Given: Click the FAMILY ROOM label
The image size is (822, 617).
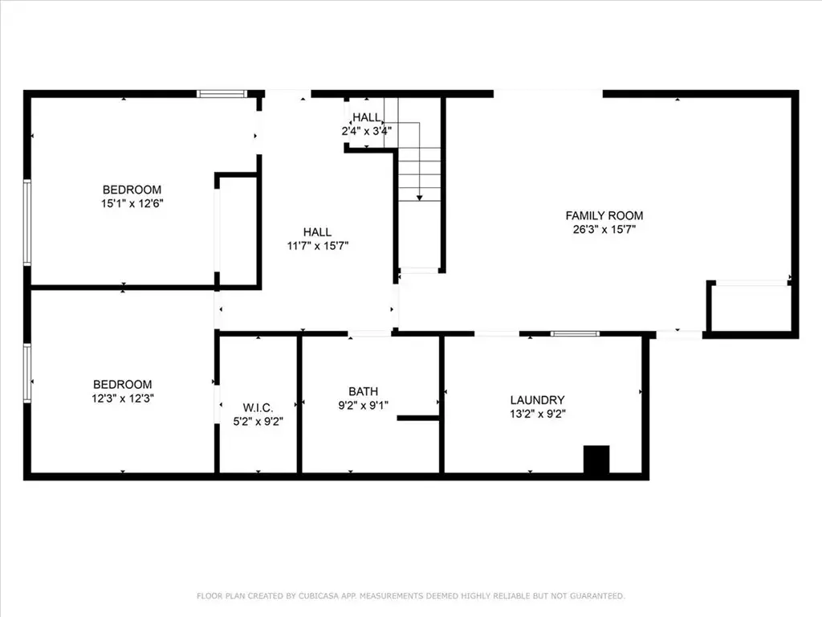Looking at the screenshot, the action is click(x=604, y=215).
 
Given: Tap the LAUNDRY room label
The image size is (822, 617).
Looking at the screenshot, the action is click(x=537, y=400).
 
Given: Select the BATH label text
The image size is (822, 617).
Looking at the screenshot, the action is click(x=364, y=391).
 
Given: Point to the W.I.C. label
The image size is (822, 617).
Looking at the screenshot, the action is click(x=258, y=407).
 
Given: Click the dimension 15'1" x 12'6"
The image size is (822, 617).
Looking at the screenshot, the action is click(x=132, y=203).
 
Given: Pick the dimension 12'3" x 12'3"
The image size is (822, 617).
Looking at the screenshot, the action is click(x=123, y=398).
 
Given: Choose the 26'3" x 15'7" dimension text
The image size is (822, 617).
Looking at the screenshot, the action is click(x=604, y=229).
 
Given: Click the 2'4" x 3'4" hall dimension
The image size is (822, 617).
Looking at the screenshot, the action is click(x=366, y=131).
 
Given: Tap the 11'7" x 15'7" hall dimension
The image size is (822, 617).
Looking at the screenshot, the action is click(x=318, y=246).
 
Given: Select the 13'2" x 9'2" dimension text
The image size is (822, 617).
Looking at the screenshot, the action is click(x=537, y=414).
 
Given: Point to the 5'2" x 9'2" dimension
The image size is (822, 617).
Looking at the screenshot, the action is click(x=258, y=421).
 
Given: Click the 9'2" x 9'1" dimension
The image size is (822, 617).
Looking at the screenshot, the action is click(x=364, y=405).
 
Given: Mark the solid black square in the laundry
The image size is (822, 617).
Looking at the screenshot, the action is click(x=596, y=460).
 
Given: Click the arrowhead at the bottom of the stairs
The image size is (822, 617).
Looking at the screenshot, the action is click(x=419, y=198).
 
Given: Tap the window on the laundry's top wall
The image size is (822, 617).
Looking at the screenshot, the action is click(x=575, y=333).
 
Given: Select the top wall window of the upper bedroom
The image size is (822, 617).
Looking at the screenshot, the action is click(x=222, y=94).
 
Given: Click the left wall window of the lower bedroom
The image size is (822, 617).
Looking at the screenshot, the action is click(x=27, y=373).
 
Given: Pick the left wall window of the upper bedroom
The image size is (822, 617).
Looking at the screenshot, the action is click(x=27, y=223).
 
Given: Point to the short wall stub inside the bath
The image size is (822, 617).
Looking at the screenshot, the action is click(x=418, y=418).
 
